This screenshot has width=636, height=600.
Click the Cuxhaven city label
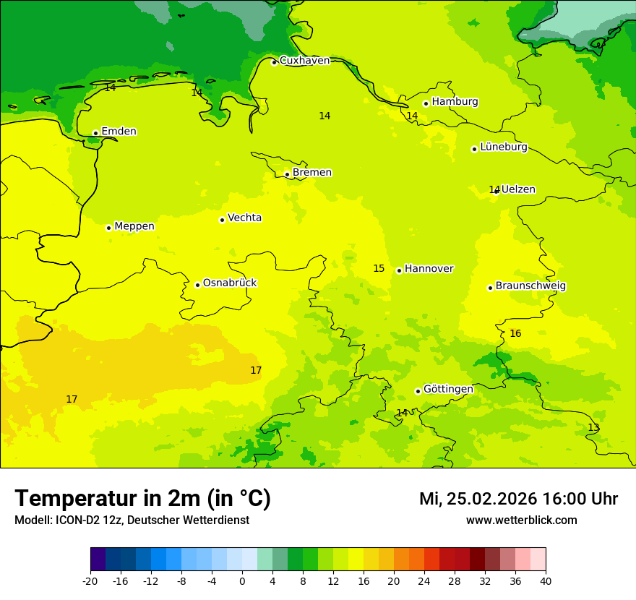(x=304, y=61)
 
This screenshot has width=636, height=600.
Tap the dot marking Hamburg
(x=426, y=103)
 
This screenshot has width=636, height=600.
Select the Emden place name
(x=119, y=132)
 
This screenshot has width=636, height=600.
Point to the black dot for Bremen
(x=287, y=174)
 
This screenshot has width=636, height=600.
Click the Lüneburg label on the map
(x=504, y=147)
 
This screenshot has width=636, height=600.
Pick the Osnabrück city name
(x=230, y=283)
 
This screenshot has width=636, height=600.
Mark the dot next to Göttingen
(x=418, y=391)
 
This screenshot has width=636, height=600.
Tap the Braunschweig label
(x=530, y=286)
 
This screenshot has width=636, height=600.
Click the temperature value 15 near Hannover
(x=379, y=269)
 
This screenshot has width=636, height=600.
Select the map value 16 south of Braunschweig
(x=515, y=334)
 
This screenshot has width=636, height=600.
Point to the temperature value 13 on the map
(x=593, y=428)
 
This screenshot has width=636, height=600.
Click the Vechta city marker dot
(x=222, y=220)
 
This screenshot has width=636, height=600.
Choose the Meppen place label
(x=134, y=226)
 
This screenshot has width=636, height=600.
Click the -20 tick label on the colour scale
(x=90, y=580)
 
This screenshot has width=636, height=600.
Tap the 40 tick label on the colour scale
(x=546, y=580)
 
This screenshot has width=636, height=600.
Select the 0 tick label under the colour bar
(x=242, y=580)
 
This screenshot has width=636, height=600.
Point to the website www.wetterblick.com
(x=521, y=520)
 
